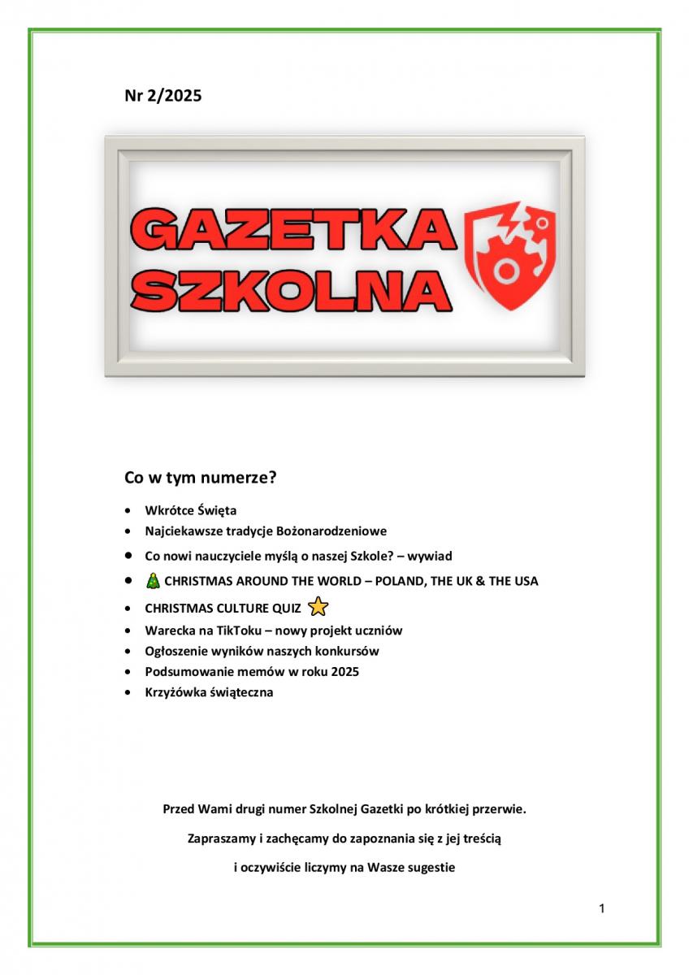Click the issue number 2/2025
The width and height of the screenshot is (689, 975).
pyautogui.click(x=175, y=96)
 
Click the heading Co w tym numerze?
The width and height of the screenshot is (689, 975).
pyautogui.click(x=201, y=477)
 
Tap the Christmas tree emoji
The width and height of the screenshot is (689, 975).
pyautogui.click(x=153, y=581)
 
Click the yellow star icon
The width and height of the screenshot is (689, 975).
pyautogui.click(x=318, y=607)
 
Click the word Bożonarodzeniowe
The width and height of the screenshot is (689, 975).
pyautogui.click(x=331, y=531)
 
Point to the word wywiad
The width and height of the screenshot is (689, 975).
pyautogui.click(x=429, y=556)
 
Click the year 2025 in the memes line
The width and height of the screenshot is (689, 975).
pyautogui.click(x=345, y=672)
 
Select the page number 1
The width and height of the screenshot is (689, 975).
pyautogui.click(x=601, y=908)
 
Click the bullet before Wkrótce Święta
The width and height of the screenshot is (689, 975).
pyautogui.click(x=128, y=511)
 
